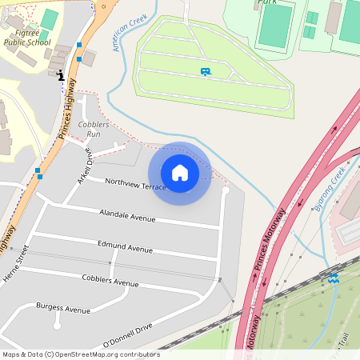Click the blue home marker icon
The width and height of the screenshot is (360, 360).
coord(180,173)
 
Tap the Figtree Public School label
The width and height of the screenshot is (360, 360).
coord(26,38)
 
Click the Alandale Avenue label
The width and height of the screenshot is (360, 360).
coord(126,216)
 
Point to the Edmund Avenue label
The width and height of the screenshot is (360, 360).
coord(125,247)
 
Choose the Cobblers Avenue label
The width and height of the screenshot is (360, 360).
coord(110,280)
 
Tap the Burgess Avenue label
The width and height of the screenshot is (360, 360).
coord(63,308)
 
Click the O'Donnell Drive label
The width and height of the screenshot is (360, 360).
coord(127,336)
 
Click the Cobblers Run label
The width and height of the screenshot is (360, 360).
coord(93,130)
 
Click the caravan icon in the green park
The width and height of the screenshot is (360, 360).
coord(206,72)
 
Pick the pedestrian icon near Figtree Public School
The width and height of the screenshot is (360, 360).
coord(60,76)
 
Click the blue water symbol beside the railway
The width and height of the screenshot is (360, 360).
coord(333,278)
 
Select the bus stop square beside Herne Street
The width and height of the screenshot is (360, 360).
coord(38,170)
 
